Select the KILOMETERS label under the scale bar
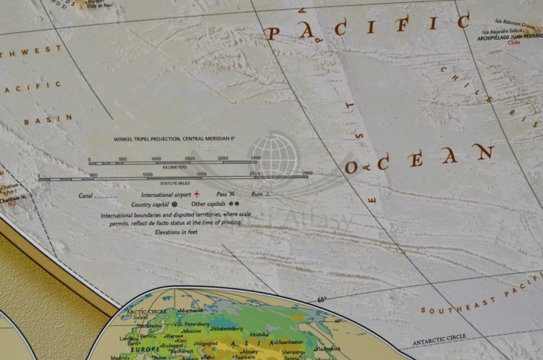(174, 167)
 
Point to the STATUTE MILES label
(174, 183)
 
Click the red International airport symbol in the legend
(206, 195)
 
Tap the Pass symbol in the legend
(232, 194)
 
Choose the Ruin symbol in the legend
(269, 194)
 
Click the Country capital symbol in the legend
(174, 204)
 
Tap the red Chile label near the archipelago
(514, 43)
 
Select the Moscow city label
(192, 330)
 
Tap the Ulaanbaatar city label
(288, 342)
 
